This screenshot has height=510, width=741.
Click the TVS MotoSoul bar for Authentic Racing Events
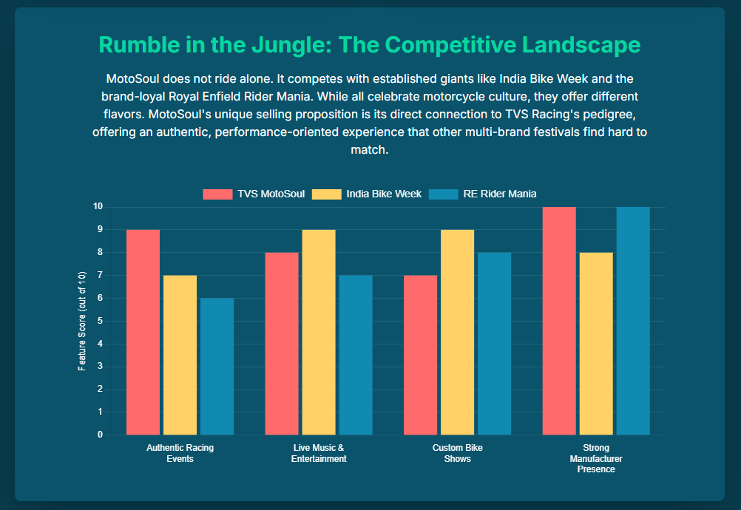pos(143,333)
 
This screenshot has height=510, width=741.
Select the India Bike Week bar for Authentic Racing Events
pos(180,355)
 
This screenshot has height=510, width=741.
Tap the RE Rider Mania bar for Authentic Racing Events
pos(217,367)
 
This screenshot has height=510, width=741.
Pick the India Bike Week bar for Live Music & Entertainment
pos(319,333)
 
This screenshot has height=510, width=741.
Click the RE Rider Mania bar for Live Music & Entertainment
pos(356,355)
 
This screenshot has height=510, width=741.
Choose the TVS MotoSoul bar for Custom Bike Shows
pos(420,355)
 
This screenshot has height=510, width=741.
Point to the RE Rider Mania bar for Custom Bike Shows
pos(494,344)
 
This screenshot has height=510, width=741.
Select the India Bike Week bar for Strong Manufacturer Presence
pos(596,344)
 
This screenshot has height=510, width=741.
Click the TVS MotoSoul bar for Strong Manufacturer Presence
pos(559,321)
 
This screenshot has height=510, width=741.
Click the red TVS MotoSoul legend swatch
pos(217,194)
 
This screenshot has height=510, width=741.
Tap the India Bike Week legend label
pos(383,194)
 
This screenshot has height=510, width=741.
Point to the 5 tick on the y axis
pos(98,321)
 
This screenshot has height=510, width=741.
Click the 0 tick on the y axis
pos(98,435)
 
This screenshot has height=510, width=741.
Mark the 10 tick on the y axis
pos(97,206)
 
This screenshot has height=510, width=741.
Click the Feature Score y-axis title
pos(82,321)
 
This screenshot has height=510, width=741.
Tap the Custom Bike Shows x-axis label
pos(457,453)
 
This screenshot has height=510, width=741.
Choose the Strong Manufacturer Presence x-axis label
pos(596,458)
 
